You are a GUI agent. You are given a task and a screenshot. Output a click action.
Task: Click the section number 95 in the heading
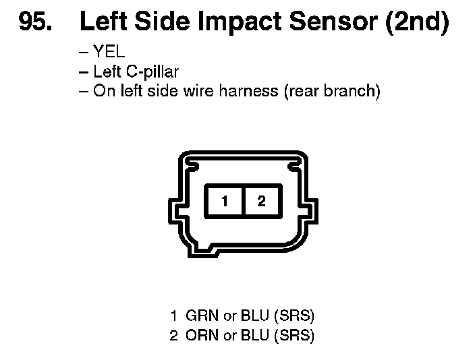(34, 22)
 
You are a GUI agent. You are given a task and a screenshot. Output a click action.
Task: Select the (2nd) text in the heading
(416, 22)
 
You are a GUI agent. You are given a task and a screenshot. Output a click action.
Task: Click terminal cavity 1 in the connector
(225, 201)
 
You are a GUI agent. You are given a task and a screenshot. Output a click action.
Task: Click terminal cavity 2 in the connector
(262, 201)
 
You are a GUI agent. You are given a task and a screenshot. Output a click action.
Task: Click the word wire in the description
(198, 90)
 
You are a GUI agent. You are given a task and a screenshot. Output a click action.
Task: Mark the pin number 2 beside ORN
(174, 335)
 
